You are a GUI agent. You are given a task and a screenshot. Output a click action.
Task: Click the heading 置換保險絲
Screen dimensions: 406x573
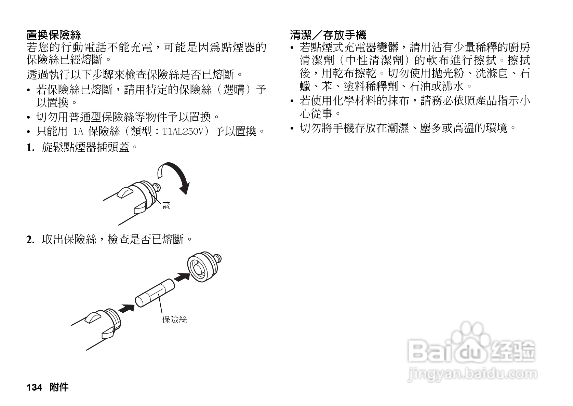[x=54, y=35]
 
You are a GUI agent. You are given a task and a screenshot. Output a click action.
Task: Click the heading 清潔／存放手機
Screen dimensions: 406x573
[x=328, y=35]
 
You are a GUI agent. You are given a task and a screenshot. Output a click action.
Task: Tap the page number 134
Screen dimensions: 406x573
[x=34, y=387]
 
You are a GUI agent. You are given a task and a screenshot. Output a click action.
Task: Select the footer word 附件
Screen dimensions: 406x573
[x=59, y=387]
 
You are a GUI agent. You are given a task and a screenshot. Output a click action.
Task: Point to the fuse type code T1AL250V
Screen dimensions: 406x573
[x=184, y=131]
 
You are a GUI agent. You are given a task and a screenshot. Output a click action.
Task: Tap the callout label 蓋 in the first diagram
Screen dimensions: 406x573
[x=166, y=206]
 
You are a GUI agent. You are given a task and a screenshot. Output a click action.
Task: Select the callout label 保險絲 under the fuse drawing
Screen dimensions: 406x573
[x=174, y=320]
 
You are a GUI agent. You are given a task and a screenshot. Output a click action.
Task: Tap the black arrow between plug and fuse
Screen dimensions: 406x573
[x=126, y=308]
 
